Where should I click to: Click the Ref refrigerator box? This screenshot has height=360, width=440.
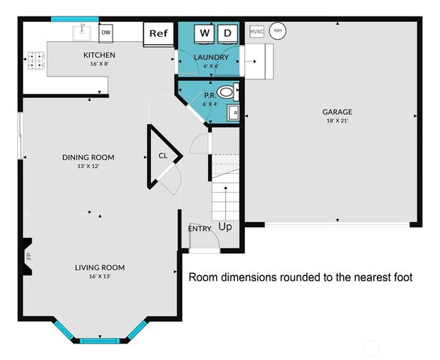[x=158, y=33]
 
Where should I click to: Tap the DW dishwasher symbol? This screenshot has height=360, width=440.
[x=106, y=32]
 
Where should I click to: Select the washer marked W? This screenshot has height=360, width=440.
[x=203, y=33]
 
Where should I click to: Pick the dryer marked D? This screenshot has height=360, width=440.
[x=228, y=33]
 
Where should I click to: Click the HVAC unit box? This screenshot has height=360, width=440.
[x=256, y=31]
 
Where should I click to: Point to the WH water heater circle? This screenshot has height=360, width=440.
[x=278, y=31]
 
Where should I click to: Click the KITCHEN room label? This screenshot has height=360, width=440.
[x=99, y=55]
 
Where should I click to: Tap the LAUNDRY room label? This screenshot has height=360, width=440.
[x=210, y=57]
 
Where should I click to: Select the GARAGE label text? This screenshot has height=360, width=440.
[x=337, y=112]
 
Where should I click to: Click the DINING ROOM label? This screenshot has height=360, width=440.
[x=88, y=157]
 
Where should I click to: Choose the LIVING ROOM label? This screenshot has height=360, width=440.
[x=99, y=267]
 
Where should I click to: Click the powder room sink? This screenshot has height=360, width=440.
[x=233, y=114]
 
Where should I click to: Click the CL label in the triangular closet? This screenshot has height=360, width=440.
[x=163, y=156]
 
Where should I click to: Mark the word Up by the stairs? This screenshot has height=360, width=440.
[x=225, y=226]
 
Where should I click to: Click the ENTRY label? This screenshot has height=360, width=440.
[x=200, y=229]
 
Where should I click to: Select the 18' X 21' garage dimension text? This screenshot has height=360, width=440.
[x=337, y=121]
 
